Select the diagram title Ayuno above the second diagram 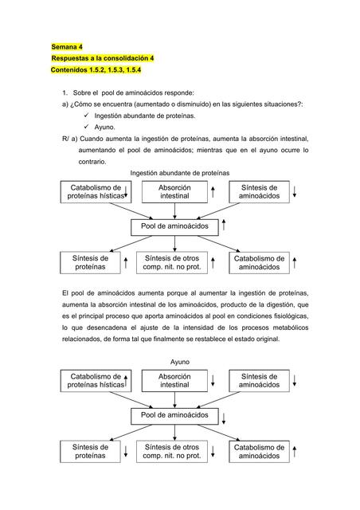[x=180, y=362]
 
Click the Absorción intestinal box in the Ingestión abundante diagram [x=174, y=191]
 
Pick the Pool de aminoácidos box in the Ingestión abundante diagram [x=174, y=226]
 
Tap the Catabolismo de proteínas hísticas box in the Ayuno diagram [x=95, y=380]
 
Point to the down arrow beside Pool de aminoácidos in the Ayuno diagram [x=224, y=417]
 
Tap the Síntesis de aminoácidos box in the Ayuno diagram [x=259, y=380]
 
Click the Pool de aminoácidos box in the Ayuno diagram [x=174, y=416]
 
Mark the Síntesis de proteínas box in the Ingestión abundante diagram [x=89, y=263]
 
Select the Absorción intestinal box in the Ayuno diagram [x=174, y=380]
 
